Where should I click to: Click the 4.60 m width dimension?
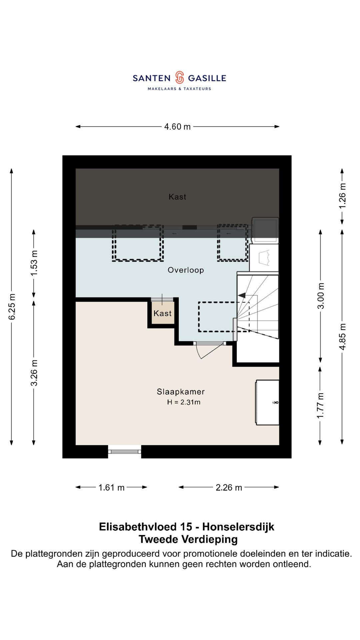pos(177,127)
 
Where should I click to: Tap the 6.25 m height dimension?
pos(12,307)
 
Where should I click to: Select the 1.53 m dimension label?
pos(34,263)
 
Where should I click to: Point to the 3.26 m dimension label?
pos(34,373)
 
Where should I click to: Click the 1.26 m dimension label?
pos(342,196)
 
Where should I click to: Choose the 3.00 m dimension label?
pos(321,296)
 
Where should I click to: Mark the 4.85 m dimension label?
pos(342,336)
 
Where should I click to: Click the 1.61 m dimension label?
pos(111,488)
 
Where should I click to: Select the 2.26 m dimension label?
pos(229,488)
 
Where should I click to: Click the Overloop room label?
pos(186,270)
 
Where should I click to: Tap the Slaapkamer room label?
pos(181,392)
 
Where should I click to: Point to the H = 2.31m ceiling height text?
pos(184,402)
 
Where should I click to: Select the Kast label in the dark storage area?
pos(177,197)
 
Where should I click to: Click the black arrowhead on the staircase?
pos(242,295)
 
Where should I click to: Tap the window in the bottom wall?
pos(125,452)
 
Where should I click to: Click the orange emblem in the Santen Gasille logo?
pos(179,78)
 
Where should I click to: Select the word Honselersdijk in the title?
pos(238,527)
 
